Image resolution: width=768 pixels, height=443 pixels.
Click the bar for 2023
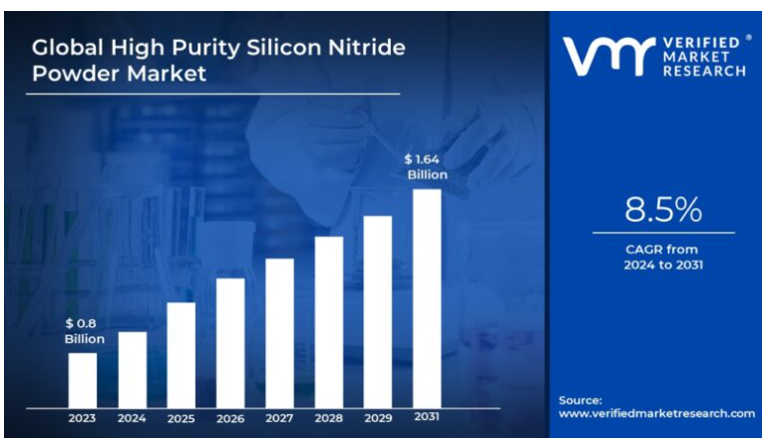point(83,379)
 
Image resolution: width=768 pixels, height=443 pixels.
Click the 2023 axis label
point(83,418)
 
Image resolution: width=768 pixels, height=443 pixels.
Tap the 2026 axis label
point(230,418)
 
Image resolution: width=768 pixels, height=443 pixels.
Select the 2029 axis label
point(377,418)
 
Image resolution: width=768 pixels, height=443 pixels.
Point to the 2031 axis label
point(427,418)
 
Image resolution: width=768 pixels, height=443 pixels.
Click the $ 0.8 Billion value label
point(84,331)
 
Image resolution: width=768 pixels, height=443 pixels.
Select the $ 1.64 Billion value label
point(426,167)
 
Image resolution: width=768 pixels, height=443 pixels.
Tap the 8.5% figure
point(663,211)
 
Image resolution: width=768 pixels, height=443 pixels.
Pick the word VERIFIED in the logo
point(703,43)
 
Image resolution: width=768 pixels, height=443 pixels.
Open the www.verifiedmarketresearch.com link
point(656,413)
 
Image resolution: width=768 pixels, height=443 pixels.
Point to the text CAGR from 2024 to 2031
point(663,256)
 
